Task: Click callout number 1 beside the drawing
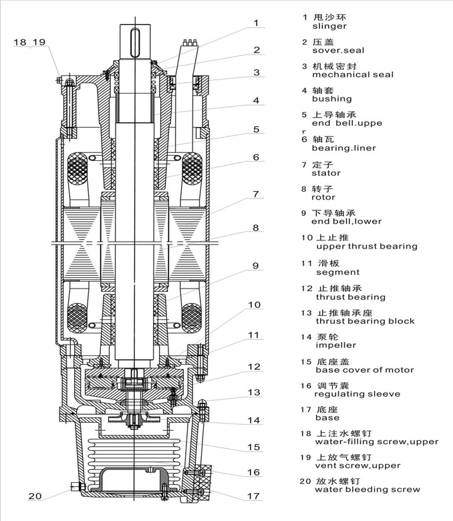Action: (x=255, y=23)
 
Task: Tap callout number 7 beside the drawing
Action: (x=255, y=194)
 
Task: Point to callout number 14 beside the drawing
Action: (x=255, y=421)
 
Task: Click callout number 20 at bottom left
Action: (x=35, y=496)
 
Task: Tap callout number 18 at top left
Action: (x=20, y=42)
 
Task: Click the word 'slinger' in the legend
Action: (x=329, y=27)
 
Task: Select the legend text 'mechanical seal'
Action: (x=352, y=75)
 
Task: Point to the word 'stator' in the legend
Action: (x=326, y=173)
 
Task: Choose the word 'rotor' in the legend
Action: (x=323, y=197)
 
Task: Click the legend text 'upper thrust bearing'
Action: (x=364, y=246)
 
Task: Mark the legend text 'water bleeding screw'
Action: (x=367, y=490)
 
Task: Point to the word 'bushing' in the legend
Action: (x=331, y=99)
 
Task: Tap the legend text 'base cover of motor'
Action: (x=364, y=369)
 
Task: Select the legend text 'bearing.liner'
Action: (x=343, y=148)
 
